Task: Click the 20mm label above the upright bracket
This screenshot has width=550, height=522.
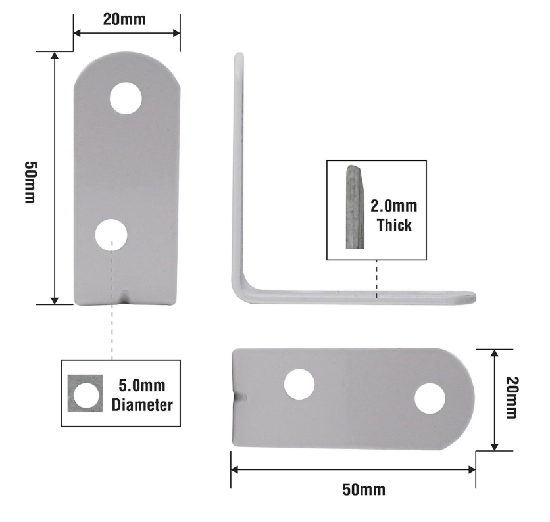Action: click(x=124, y=19)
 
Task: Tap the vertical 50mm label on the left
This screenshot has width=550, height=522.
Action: click(x=30, y=182)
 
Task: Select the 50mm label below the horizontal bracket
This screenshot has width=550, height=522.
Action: click(x=364, y=489)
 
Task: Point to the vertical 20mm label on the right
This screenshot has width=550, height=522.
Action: click(x=511, y=398)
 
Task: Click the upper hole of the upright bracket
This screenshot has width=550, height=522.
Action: click(x=126, y=99)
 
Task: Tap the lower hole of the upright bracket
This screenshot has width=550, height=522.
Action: click(x=111, y=235)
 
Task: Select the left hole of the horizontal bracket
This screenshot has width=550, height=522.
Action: click(x=299, y=385)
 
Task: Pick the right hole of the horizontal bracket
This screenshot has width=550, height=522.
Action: click(x=430, y=398)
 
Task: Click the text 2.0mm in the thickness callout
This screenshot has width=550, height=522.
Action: click(x=394, y=206)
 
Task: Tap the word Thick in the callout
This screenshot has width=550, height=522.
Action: click(x=394, y=225)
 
